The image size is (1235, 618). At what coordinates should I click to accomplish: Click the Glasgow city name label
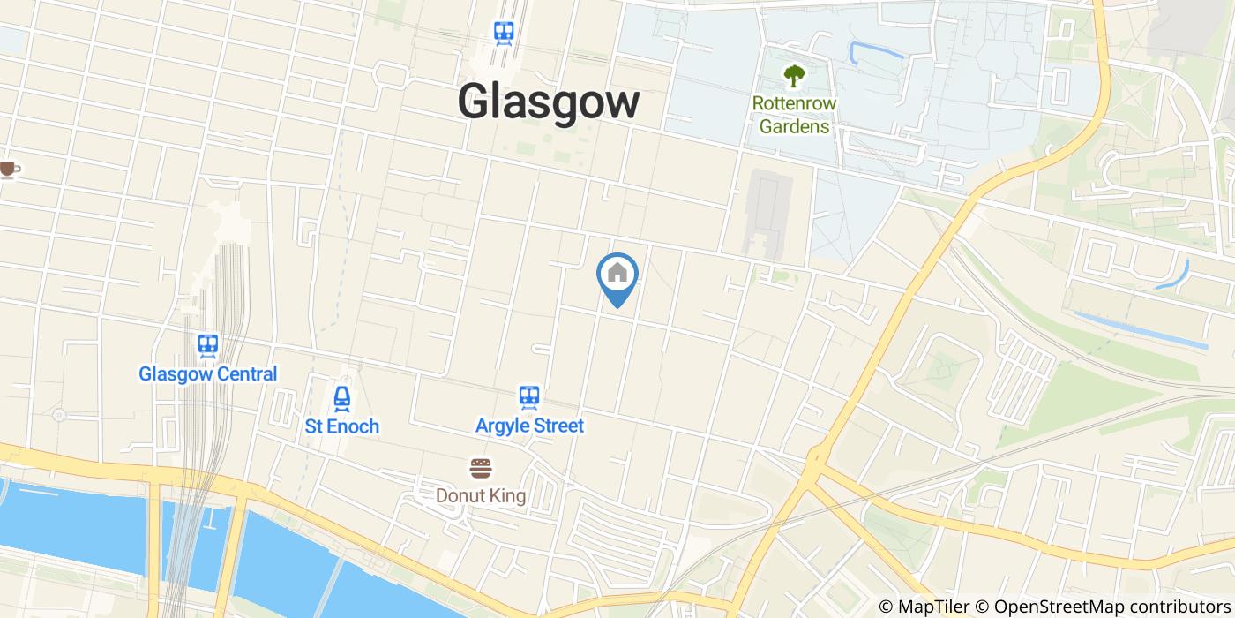(548, 102)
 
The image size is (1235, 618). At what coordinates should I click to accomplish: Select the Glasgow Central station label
(207, 373)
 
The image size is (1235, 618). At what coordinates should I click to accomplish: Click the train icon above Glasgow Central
(208, 344)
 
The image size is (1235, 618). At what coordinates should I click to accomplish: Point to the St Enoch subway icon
(342, 398)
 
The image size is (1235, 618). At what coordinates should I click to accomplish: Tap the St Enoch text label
(342, 426)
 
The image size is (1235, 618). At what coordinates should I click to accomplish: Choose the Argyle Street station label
(529, 426)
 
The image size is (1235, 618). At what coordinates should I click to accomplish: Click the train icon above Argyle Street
(529, 397)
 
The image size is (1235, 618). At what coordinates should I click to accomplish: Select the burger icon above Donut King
(481, 468)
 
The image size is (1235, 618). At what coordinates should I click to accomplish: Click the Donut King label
(481, 495)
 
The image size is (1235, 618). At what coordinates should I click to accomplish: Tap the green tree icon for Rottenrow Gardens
(794, 76)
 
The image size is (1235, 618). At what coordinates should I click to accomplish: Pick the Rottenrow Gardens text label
(794, 115)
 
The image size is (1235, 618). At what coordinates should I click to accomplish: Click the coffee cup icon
(8, 169)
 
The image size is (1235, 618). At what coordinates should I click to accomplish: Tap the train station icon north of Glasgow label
(504, 34)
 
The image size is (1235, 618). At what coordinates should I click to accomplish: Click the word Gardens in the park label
(794, 126)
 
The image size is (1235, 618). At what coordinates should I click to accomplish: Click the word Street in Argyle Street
(556, 426)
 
